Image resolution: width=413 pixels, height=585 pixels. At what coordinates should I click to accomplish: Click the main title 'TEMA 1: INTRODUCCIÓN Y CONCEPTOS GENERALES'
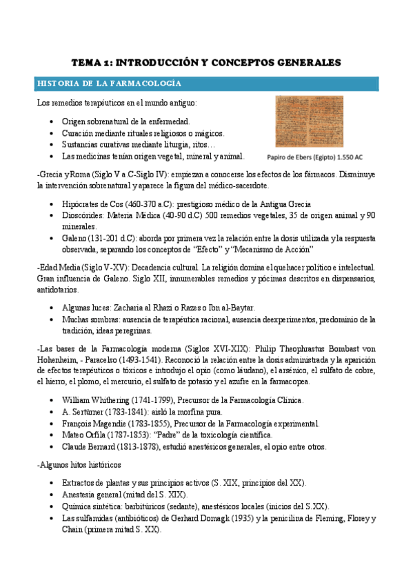tap(207, 62)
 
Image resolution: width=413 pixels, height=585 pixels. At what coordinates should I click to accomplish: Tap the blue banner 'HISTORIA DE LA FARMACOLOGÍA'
tap(110, 83)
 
